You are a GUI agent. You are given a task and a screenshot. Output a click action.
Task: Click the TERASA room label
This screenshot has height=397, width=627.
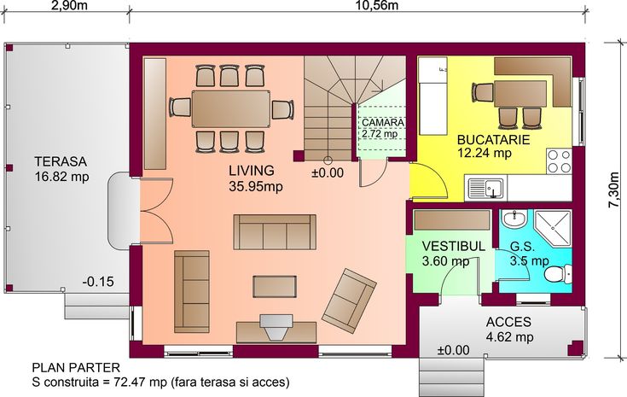click(61, 161)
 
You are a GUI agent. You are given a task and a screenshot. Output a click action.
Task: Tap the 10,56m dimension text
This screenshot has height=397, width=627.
click(377, 5)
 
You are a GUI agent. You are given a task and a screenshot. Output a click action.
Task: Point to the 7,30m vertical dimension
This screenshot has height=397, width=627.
click(613, 190)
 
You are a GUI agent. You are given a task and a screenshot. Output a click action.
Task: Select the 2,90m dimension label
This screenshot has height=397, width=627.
click(70, 5)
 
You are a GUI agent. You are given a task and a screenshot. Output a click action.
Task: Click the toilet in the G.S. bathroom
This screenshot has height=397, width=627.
click(559, 274)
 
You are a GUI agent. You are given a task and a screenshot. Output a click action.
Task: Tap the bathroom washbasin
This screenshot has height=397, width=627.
click(514, 219)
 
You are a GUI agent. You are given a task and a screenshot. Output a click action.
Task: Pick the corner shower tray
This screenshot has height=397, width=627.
click(553, 229)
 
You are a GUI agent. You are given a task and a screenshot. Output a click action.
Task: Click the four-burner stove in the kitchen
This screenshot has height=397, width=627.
click(559, 161)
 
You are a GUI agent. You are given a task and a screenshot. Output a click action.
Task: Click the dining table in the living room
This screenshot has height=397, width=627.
click(231, 109)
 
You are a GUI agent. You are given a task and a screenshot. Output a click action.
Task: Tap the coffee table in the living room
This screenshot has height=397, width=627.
click(275, 287)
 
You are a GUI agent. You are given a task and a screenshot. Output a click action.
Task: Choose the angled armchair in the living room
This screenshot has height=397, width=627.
click(349, 301)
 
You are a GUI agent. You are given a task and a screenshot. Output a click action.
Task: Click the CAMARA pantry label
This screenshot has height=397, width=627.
click(382, 122)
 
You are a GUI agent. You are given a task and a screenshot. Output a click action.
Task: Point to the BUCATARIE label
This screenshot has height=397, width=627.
click(493, 140)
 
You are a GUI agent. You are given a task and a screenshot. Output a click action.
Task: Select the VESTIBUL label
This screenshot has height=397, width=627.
click(454, 246)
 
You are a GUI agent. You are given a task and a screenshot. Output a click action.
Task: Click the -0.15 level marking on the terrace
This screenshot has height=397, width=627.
click(98, 282)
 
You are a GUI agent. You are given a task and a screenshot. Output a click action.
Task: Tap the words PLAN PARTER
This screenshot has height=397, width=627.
click(76, 367)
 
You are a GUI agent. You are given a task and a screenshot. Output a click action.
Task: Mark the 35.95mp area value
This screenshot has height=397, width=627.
click(256, 186)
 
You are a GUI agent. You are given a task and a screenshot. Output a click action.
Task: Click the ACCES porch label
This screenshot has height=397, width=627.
click(508, 322)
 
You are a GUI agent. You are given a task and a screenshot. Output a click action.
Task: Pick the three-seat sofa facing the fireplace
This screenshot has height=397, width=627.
click(275, 232)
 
